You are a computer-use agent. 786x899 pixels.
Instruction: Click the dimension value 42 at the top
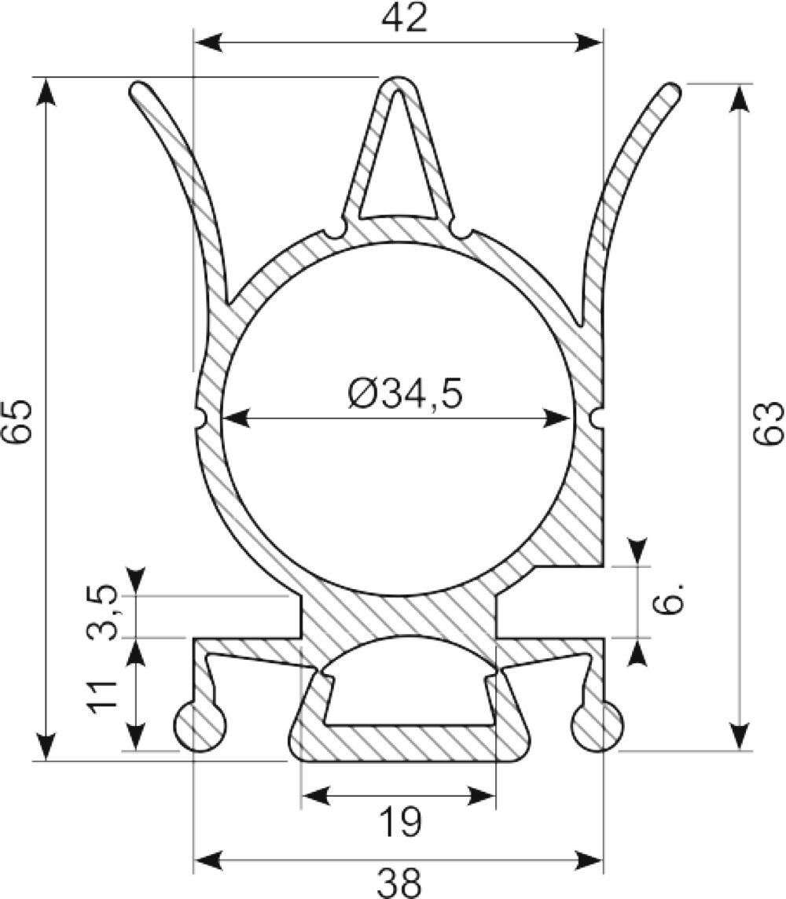(x=404, y=19)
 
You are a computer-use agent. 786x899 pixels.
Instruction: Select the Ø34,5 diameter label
(x=405, y=395)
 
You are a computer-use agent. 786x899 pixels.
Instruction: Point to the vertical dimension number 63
(x=768, y=422)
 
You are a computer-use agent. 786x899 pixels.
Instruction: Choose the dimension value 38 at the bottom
(x=400, y=883)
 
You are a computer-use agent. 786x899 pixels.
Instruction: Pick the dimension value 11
(x=102, y=697)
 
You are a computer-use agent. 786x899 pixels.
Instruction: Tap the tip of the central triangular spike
(x=399, y=77)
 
